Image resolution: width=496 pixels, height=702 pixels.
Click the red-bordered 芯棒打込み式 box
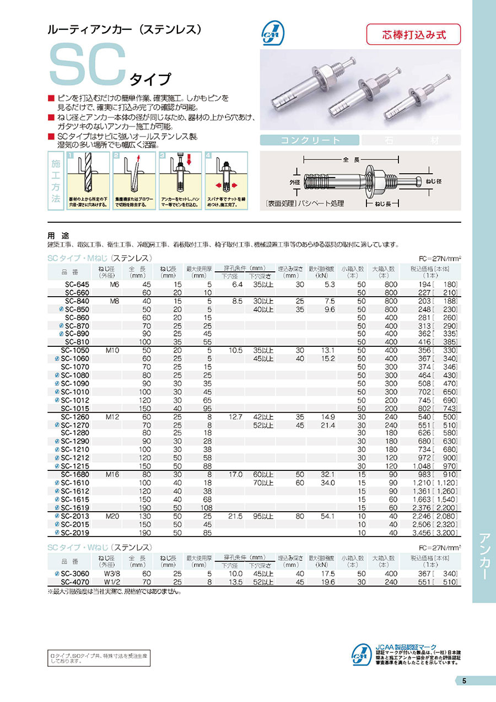(413, 34)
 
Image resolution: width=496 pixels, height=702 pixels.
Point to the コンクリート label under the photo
(310, 140)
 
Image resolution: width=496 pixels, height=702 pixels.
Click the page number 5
(464, 680)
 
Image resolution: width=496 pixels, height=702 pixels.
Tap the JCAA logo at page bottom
(361, 656)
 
